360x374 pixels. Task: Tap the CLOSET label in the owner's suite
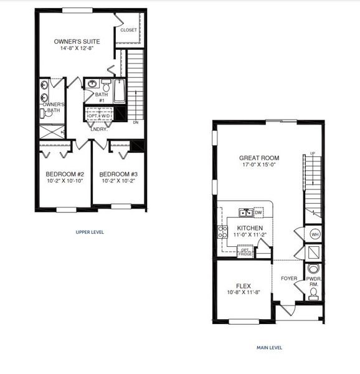(128, 29)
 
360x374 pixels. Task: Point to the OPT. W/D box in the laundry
(100, 115)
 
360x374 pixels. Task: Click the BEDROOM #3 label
(118, 174)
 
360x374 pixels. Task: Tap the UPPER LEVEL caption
(89, 232)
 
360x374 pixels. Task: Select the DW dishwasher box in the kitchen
(257, 213)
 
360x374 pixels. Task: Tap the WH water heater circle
(315, 234)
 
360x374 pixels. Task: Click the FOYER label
(288, 279)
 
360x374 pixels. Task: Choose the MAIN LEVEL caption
(270, 347)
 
